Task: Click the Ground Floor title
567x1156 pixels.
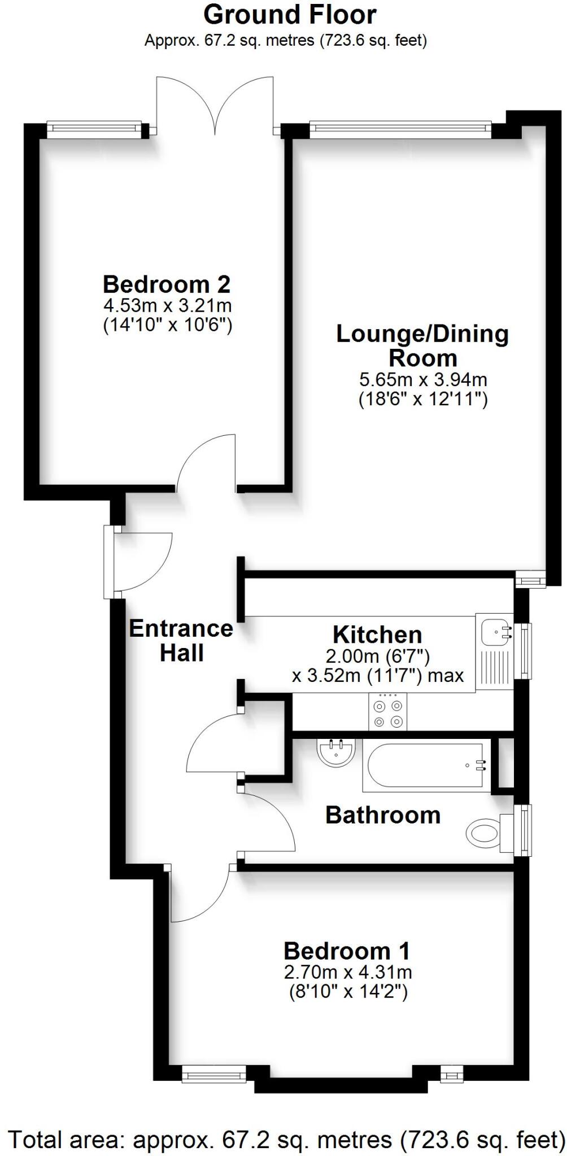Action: pyautogui.click(x=290, y=15)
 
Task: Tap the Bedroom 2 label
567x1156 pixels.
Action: pyautogui.click(x=167, y=284)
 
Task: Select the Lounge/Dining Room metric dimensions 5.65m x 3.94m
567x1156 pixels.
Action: pyautogui.click(x=423, y=379)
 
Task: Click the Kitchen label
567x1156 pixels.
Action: pyautogui.click(x=377, y=634)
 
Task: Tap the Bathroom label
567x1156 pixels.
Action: pyautogui.click(x=383, y=815)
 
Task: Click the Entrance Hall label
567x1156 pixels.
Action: pyautogui.click(x=181, y=641)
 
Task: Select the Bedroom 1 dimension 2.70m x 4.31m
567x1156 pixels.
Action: pyautogui.click(x=348, y=972)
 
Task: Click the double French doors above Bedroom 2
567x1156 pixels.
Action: pyautogui.click(x=215, y=107)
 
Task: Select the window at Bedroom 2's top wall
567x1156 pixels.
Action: pyautogui.click(x=94, y=129)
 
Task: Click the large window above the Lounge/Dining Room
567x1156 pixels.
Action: pyautogui.click(x=400, y=129)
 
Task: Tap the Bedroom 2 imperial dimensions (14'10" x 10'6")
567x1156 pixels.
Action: pyautogui.click(x=168, y=326)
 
